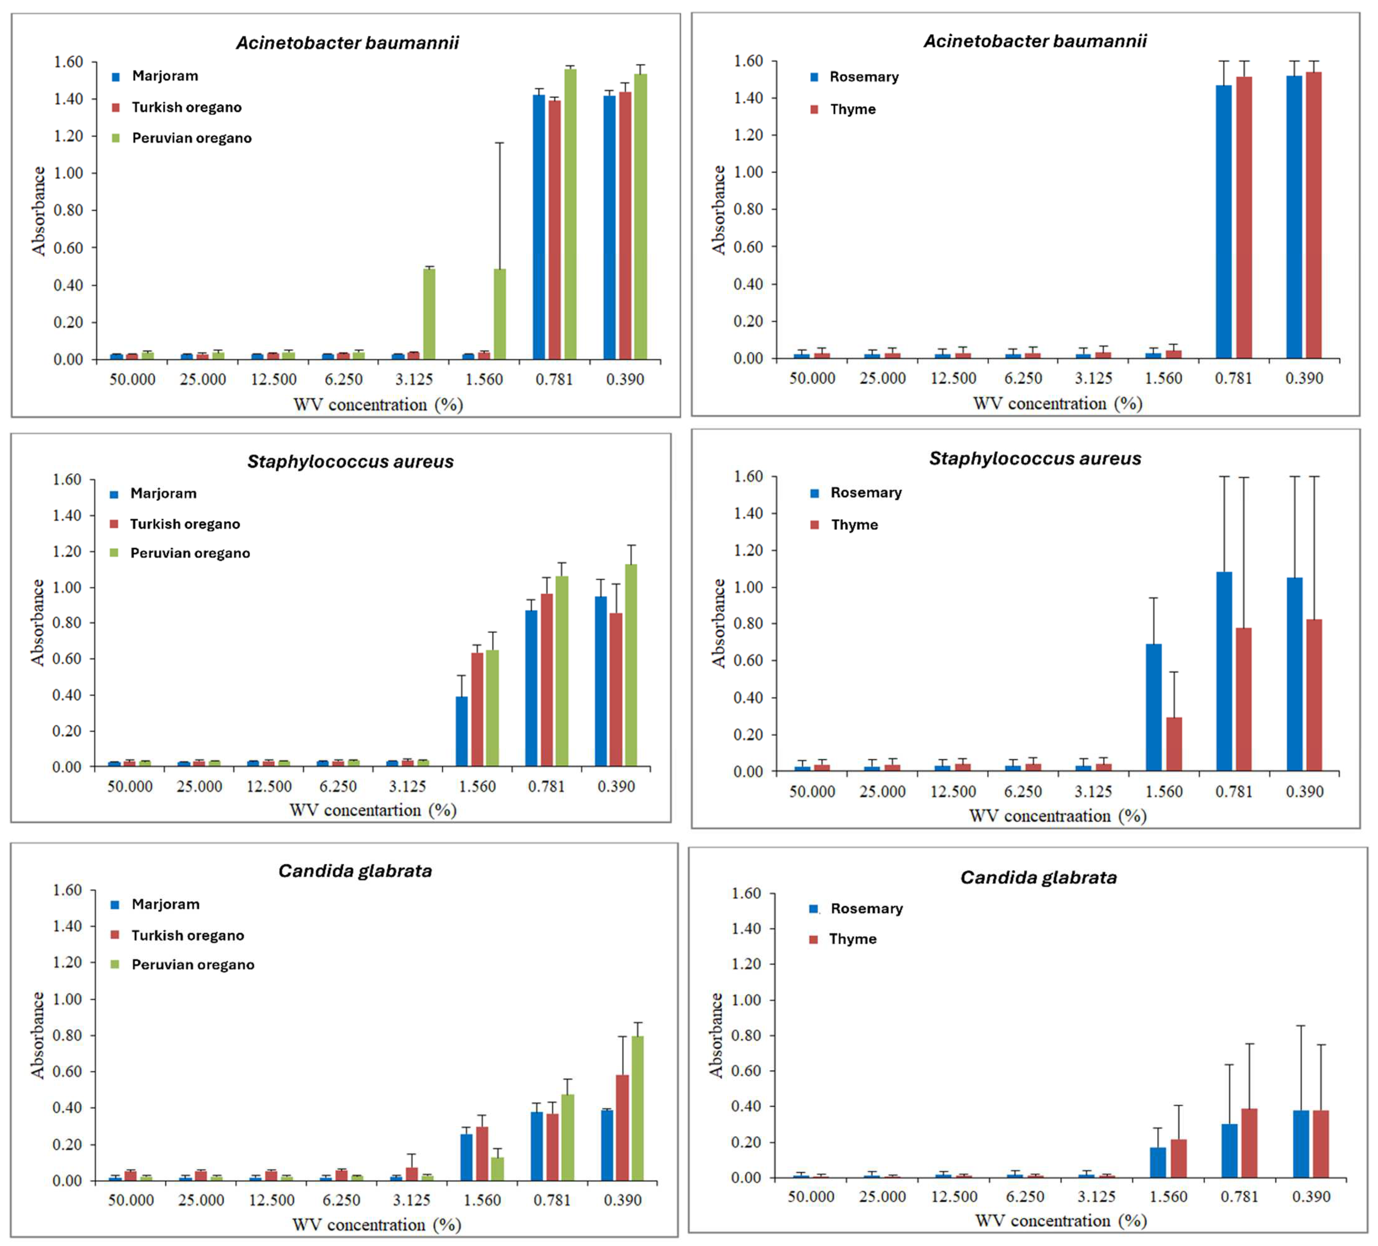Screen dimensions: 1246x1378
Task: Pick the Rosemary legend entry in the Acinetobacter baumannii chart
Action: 863,77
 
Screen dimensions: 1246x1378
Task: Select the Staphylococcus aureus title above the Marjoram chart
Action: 350,462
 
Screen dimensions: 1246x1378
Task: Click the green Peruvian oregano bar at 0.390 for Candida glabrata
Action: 637,1108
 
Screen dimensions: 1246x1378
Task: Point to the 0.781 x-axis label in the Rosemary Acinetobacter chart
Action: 1233,378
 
